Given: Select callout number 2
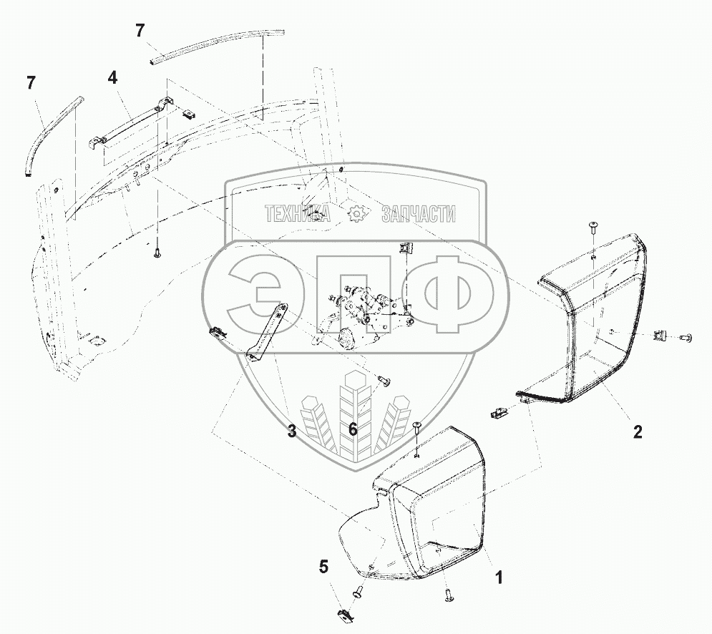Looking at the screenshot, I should pyautogui.click(x=638, y=431).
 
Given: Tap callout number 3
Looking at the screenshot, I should pyautogui.click(x=292, y=431).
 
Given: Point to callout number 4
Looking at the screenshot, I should pyautogui.click(x=112, y=76).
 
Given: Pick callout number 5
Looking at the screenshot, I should pyautogui.click(x=324, y=567).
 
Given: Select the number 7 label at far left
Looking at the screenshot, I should pyautogui.click(x=31, y=83).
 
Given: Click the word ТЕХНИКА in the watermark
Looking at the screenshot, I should pyautogui.click(x=297, y=214).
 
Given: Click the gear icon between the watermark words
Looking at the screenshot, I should pyautogui.click(x=356, y=214).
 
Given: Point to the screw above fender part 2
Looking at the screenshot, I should pyautogui.click(x=593, y=228).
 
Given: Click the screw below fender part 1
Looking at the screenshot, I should pyautogui.click(x=448, y=593).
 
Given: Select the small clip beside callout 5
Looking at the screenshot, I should pyautogui.click(x=344, y=613).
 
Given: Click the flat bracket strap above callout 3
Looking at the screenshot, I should pyautogui.click(x=266, y=331).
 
